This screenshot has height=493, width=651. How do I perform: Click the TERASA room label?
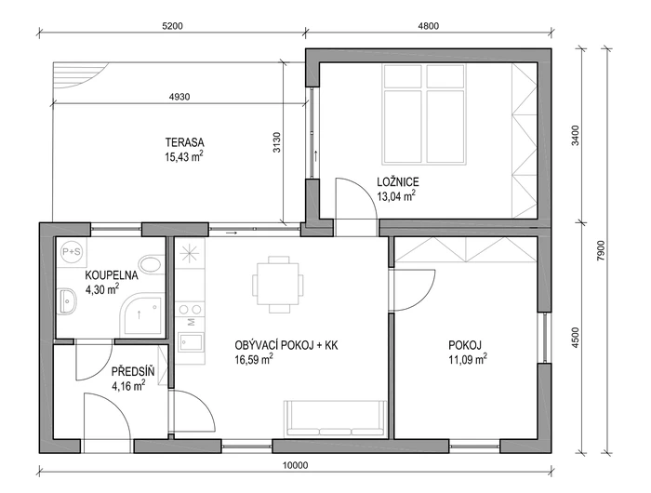tap(185, 142)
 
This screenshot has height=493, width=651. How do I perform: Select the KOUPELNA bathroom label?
tap(112, 275)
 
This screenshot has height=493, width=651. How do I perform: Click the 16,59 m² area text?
tap(254, 360)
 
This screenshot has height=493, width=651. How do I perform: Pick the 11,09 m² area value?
tap(468, 359)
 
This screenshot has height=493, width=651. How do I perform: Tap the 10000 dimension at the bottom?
tap(296, 465)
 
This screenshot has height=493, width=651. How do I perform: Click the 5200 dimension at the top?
tap(172, 26)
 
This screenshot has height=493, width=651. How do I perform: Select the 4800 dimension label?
tap(428, 26)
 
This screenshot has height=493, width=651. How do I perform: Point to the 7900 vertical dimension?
tap(602, 250)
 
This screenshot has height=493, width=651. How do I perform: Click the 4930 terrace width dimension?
tap(179, 97)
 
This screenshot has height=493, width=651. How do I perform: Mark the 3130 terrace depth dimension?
tap(277, 142)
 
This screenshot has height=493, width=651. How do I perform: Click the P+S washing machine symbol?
tap(72, 252)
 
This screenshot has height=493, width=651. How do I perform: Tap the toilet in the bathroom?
tap(152, 264)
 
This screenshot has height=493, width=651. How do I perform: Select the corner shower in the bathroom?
tap(141, 314)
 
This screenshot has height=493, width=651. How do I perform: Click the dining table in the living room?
tap(278, 285)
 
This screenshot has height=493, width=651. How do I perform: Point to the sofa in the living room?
tap(336, 419)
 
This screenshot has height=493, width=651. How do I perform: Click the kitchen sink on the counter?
tap(191, 342)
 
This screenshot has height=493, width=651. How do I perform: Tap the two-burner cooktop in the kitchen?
tap(191, 310)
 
